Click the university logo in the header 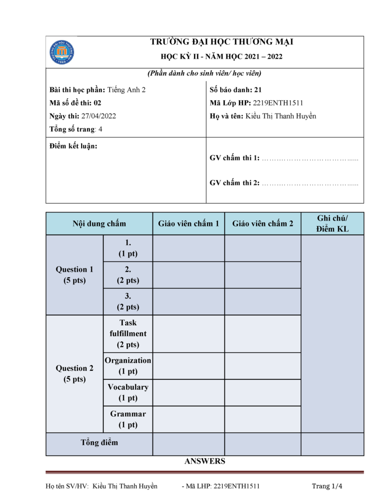click(62, 52)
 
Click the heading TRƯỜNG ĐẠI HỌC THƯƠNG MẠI click(222, 42)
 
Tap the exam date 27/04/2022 click(98, 116)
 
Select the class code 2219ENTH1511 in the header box click(278, 103)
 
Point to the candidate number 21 click(258, 90)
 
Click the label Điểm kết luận click(73, 146)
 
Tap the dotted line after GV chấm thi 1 click(310, 158)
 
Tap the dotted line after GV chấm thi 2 click(310, 183)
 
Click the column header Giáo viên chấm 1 click(189, 224)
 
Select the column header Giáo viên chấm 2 click(263, 224)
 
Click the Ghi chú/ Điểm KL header click(333, 224)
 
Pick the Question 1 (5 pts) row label click(74, 275)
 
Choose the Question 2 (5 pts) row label click(74, 373)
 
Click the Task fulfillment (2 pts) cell click(128, 334)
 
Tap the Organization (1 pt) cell click(128, 366)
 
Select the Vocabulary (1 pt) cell click(128, 392)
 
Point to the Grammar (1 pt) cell click(128, 419)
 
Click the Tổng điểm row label click(99, 442)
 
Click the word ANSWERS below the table click(205, 461)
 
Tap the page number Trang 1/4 click(327, 486)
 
